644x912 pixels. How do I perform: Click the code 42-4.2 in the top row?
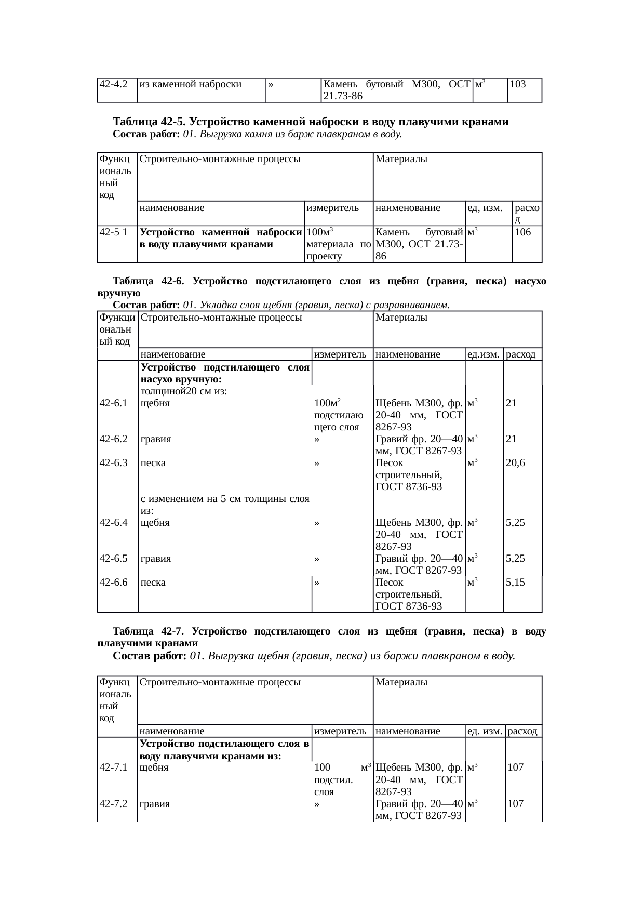[x=114, y=84]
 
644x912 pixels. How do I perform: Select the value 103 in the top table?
[x=518, y=84]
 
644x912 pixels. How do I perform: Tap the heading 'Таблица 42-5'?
[x=149, y=122]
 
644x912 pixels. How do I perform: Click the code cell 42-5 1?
[x=114, y=232]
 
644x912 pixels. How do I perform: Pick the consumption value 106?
[x=523, y=232]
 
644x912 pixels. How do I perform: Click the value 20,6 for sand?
[x=515, y=462]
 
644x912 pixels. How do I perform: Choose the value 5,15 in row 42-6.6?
[x=515, y=583]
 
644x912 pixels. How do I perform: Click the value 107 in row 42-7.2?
[x=516, y=803]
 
